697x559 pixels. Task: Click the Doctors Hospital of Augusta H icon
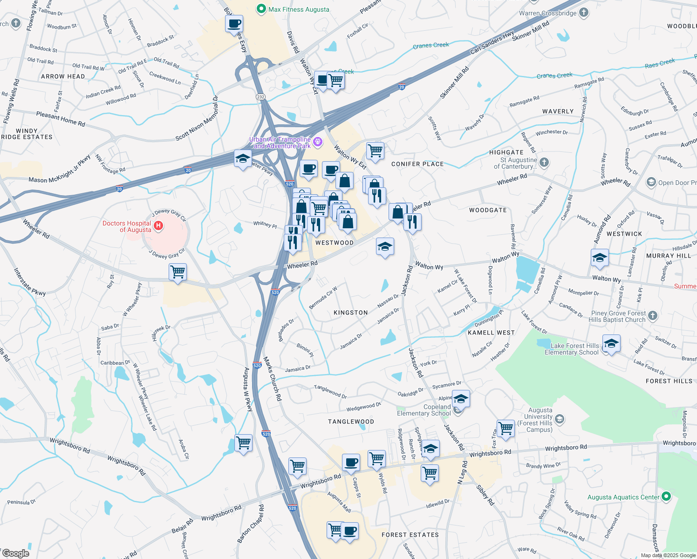click(158, 226)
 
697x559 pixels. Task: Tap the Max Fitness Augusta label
click(299, 9)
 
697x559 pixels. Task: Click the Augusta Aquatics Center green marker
click(666, 497)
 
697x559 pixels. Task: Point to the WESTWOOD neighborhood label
click(335, 243)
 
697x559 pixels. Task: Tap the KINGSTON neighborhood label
click(351, 313)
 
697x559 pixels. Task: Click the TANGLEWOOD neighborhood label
click(351, 422)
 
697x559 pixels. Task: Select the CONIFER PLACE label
click(417, 164)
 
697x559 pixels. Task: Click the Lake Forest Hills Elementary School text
click(572, 349)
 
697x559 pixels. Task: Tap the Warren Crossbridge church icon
click(584, 13)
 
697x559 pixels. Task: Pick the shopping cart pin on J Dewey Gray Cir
click(178, 272)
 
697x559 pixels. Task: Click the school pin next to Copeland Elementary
click(461, 399)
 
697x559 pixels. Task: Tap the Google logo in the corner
click(15, 553)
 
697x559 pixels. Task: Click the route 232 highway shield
click(260, 97)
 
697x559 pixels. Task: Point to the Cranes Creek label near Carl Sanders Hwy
click(431, 45)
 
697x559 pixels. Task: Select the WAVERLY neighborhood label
click(558, 111)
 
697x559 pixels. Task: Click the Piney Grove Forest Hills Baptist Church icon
click(653, 315)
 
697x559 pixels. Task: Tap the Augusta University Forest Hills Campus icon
click(560, 419)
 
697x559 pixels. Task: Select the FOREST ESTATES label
click(410, 535)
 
